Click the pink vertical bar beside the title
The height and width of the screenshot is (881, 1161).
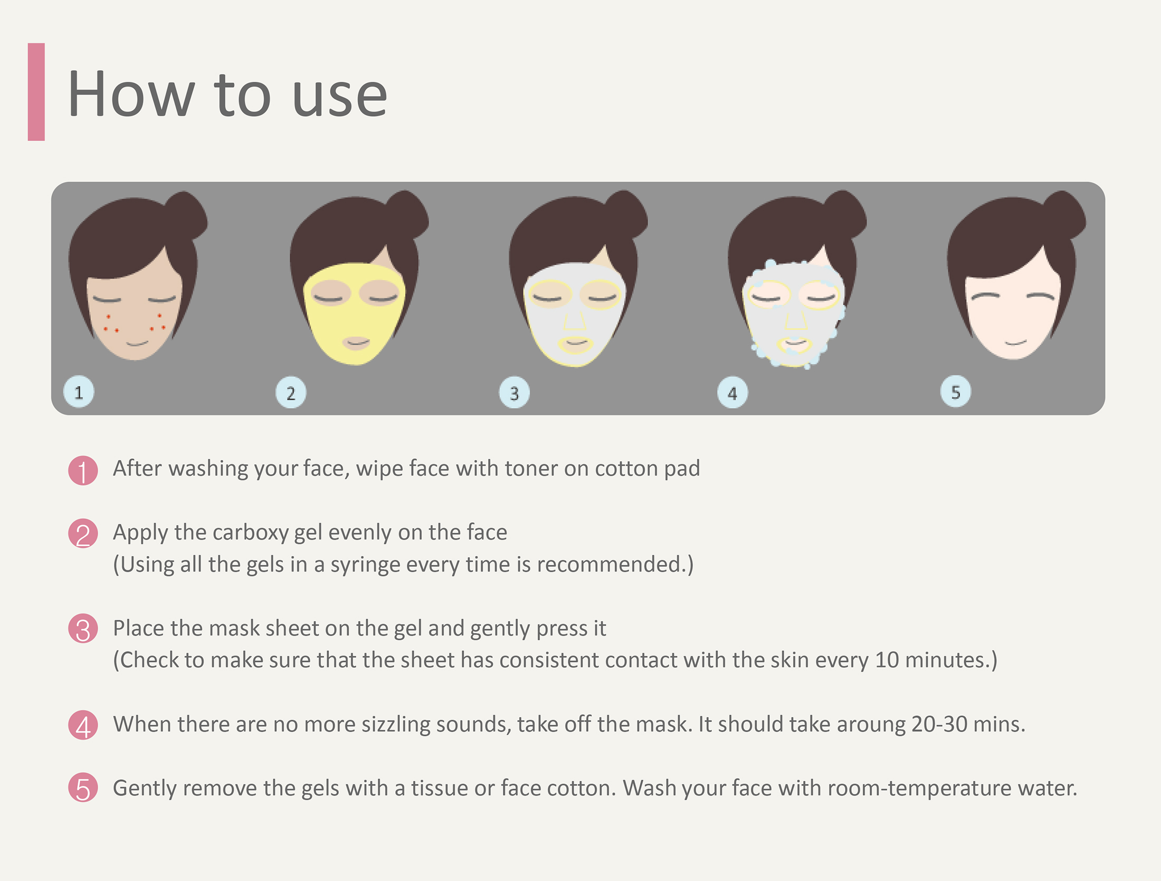(36, 92)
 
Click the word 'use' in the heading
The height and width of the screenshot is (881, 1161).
(339, 96)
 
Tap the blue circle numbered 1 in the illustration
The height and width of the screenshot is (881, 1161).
(79, 392)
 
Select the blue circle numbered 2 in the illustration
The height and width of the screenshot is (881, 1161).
(291, 393)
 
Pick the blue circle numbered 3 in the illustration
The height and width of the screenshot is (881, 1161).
(514, 393)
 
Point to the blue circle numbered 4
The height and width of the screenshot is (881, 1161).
(732, 393)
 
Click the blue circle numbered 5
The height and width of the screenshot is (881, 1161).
(955, 392)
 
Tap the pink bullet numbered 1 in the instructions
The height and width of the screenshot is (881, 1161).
(83, 470)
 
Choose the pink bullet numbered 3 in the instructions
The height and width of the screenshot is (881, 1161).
(83, 629)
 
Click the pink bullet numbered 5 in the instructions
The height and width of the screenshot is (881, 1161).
(83, 788)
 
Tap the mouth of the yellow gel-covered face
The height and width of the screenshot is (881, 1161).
(356, 343)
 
